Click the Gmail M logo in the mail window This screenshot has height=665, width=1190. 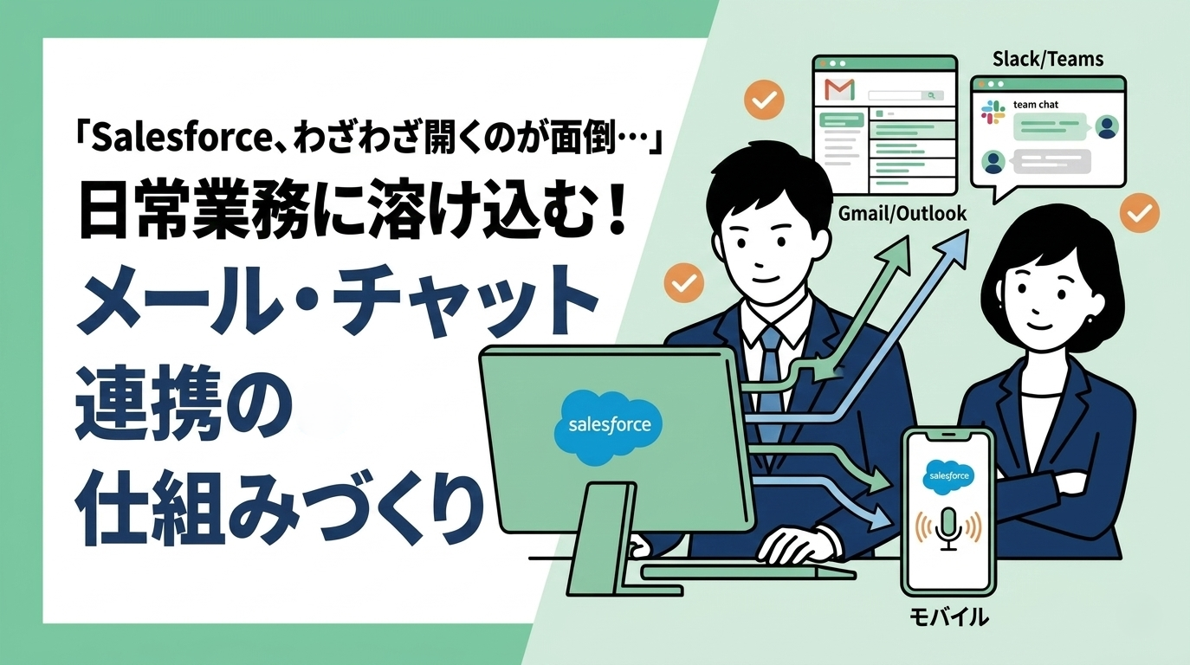pyautogui.click(x=839, y=89)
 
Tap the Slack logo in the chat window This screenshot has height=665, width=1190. pyautogui.click(x=992, y=111)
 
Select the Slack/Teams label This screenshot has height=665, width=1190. pyautogui.click(x=1048, y=59)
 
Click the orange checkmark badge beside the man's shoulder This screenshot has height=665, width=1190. pyautogui.click(x=682, y=281)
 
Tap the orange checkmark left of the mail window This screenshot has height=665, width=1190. pyautogui.click(x=764, y=100)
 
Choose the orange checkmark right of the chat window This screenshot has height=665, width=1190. pyautogui.click(x=1140, y=212)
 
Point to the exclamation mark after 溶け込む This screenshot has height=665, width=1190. pyautogui.click(x=617, y=215)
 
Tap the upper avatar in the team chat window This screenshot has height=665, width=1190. pyautogui.click(x=1106, y=127)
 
